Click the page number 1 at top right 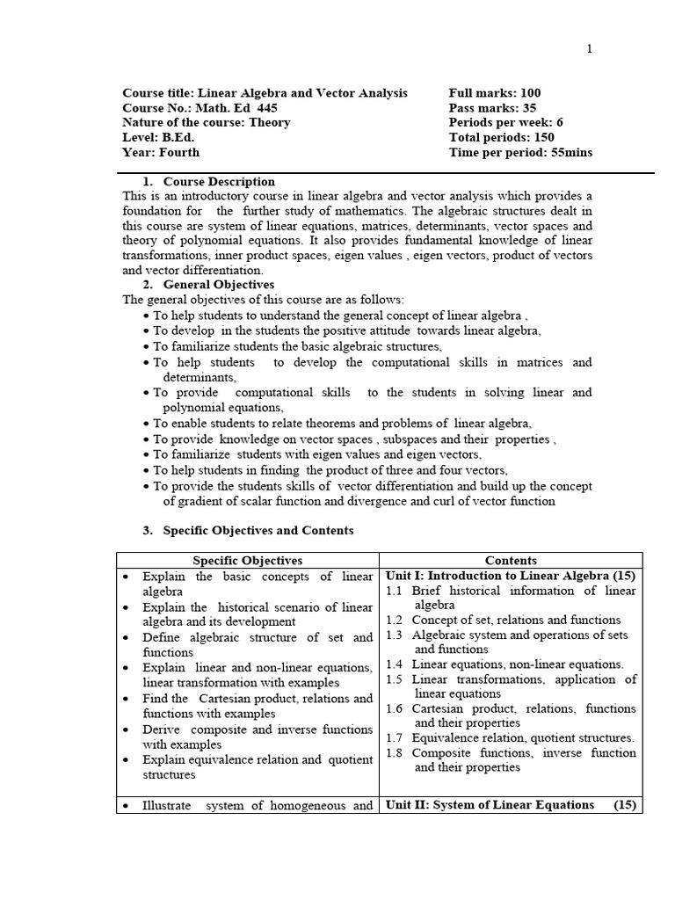tap(590, 49)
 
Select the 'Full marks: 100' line tap(495, 93)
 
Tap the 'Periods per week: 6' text tap(505, 123)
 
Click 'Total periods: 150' tap(501, 138)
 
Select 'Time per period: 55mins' tap(520, 153)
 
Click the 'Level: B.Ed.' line tap(158, 138)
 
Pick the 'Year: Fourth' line tap(161, 153)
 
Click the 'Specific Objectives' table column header tap(247, 561)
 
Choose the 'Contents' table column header tap(511, 561)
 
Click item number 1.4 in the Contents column tap(396, 664)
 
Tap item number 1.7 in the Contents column tap(396, 738)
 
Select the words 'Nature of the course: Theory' tap(207, 123)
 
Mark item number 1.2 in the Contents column tap(396, 620)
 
